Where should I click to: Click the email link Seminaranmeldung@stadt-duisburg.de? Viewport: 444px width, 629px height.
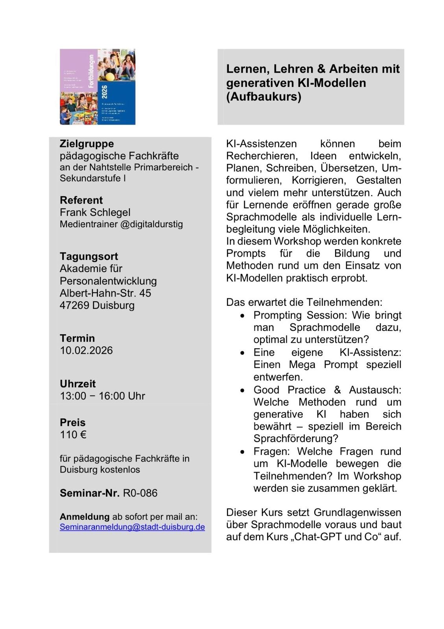[132, 527]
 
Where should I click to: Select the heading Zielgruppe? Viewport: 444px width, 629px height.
[87, 143]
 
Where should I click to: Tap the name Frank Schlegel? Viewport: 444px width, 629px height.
[95, 212]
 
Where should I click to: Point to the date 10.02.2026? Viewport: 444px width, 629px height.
[86, 350]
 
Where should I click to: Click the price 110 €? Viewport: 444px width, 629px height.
[73, 434]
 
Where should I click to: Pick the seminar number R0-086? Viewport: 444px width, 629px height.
[140, 493]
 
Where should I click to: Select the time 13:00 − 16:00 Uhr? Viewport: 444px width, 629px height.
[102, 396]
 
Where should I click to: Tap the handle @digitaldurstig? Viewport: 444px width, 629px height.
[151, 224]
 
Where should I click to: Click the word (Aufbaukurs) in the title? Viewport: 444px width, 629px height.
[263, 97]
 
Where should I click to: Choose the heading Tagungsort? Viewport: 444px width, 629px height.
[89, 256]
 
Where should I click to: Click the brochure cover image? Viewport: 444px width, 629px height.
[98, 87]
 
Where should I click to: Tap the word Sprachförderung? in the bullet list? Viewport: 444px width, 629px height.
[296, 438]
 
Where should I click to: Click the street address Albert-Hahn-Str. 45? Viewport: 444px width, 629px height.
[105, 293]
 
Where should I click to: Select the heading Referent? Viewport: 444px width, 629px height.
[81, 200]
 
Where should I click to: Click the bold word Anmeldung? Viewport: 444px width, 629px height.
[85, 517]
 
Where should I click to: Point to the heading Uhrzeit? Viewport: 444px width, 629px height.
[78, 384]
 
